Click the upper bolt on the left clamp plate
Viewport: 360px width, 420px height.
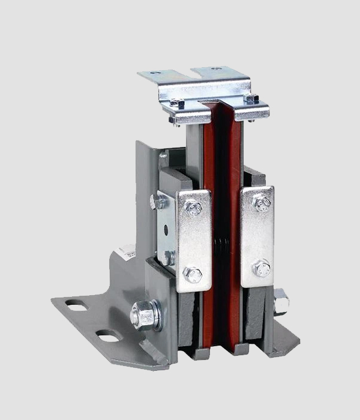[193, 209]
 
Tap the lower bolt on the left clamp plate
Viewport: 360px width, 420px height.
[193, 275]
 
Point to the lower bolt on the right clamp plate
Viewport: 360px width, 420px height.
[262, 268]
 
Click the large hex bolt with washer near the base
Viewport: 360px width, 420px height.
[143, 314]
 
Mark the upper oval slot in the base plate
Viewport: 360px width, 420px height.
[77, 306]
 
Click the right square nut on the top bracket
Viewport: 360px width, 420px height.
[251, 98]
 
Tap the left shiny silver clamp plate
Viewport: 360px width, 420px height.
[193, 240]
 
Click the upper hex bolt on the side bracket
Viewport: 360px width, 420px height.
[158, 202]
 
